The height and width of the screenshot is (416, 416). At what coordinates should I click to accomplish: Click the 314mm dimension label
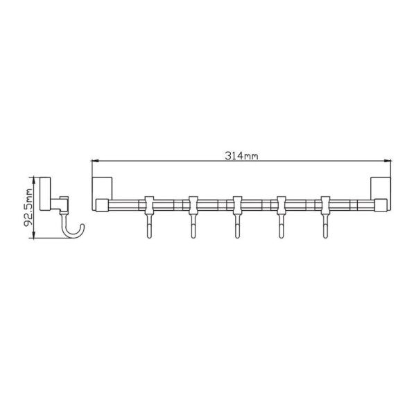click(x=241, y=156)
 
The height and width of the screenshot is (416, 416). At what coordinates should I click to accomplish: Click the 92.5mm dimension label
click(x=28, y=207)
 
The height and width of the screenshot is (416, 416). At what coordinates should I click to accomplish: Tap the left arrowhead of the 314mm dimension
click(x=95, y=161)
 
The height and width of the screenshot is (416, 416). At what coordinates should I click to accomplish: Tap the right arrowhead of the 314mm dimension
click(x=388, y=161)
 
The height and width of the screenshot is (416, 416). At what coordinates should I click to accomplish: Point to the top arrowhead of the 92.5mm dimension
click(x=33, y=181)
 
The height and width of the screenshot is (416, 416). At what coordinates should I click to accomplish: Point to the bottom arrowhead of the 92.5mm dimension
click(x=33, y=234)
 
